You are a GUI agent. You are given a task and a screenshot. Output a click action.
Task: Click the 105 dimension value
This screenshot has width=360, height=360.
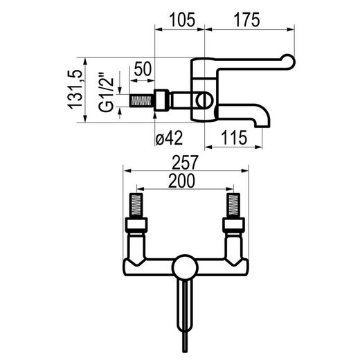(x=182, y=20)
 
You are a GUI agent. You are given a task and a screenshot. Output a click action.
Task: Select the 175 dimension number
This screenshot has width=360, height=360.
(x=246, y=20)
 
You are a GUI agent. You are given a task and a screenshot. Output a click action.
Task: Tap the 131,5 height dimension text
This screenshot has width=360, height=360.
(x=75, y=89)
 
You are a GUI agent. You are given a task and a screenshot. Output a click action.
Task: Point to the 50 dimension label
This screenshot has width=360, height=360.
(x=143, y=69)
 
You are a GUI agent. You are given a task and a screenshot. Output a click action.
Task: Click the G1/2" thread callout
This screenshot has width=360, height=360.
(x=107, y=92)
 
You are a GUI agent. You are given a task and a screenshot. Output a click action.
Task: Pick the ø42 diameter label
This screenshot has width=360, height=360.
(x=169, y=138)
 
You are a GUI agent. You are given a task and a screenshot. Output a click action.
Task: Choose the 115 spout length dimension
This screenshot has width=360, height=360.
(x=234, y=138)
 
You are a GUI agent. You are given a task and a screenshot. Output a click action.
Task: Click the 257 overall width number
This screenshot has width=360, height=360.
(x=186, y=162)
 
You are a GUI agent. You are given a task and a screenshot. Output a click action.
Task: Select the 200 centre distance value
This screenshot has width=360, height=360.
(x=181, y=181)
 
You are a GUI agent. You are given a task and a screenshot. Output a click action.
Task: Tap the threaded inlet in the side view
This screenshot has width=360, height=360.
(x=141, y=100)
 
